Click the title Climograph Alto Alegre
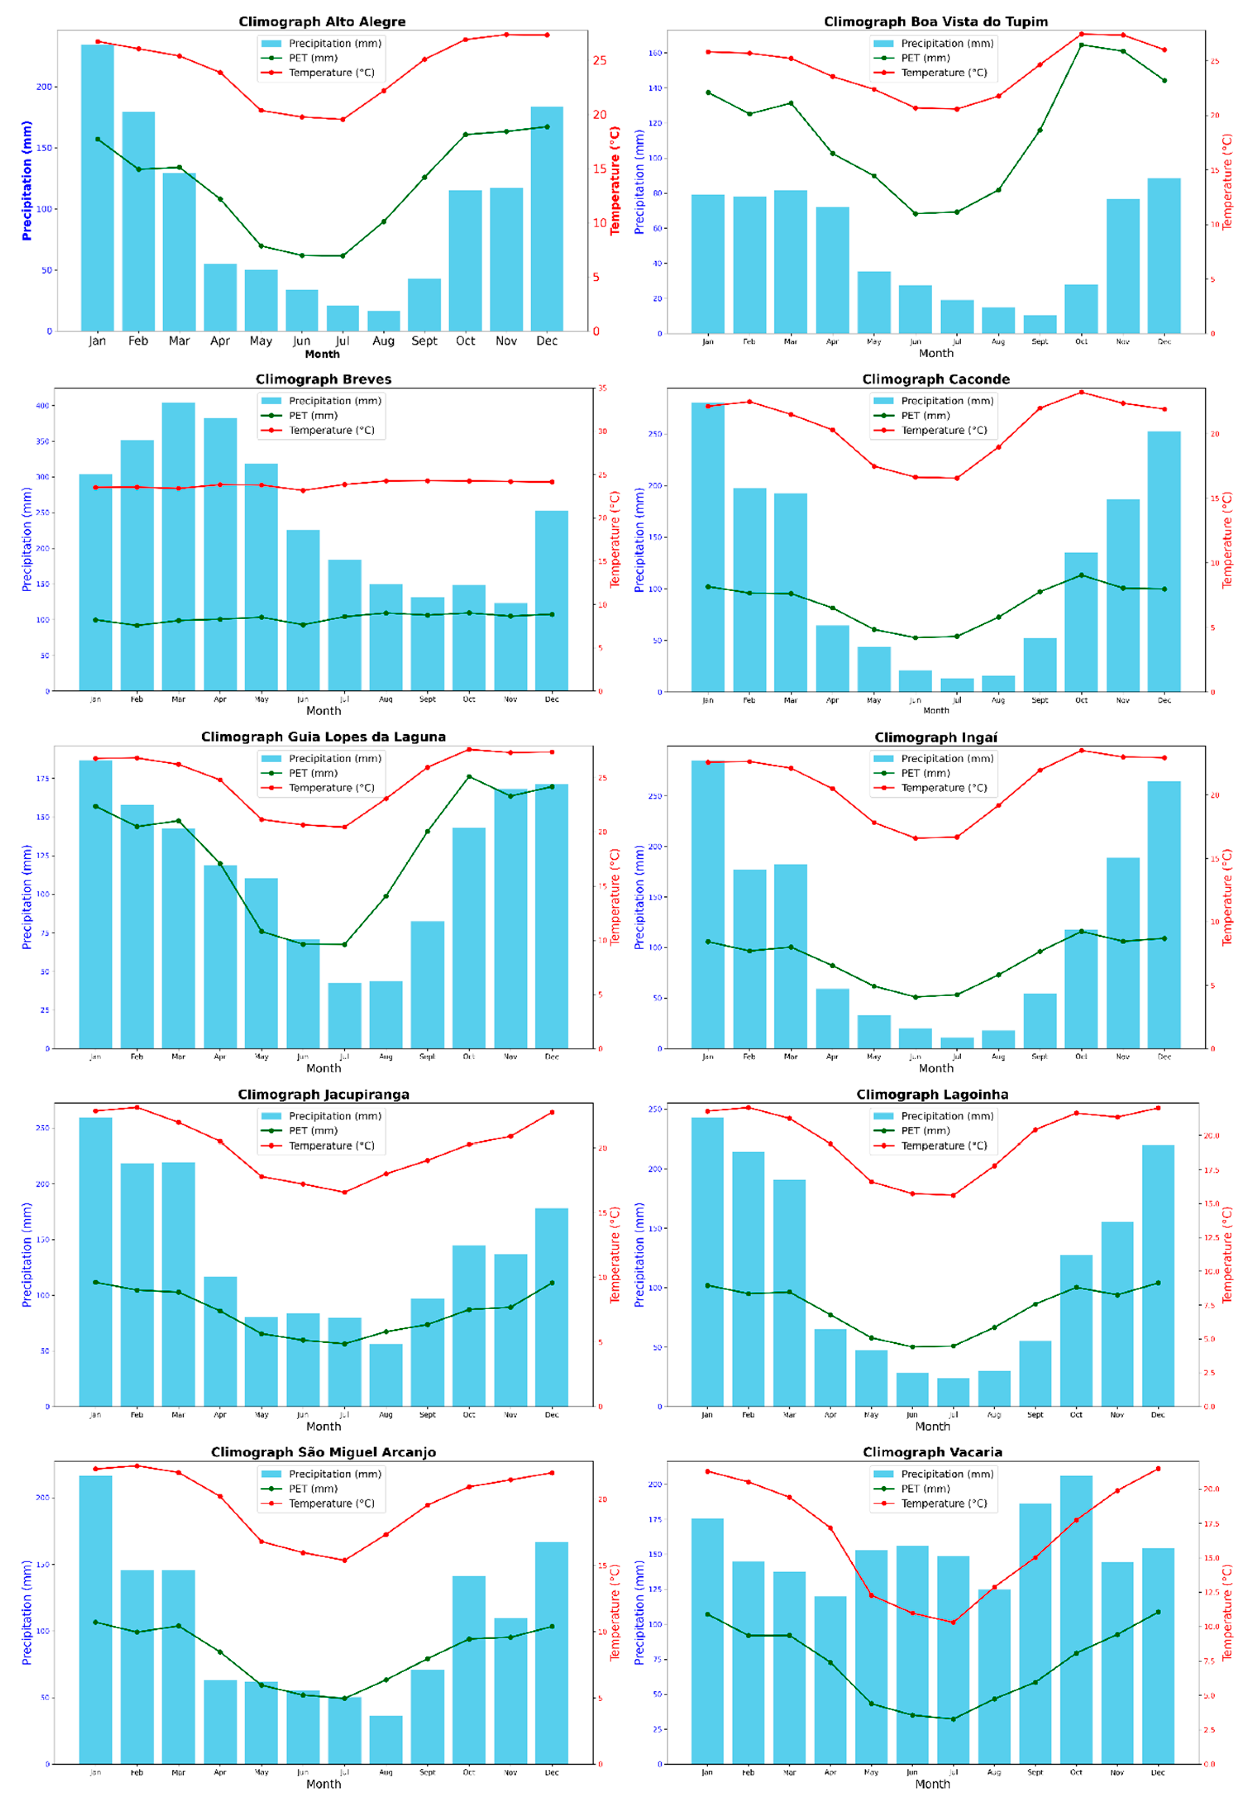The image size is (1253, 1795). (x=322, y=22)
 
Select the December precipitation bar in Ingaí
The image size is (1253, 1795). (x=1164, y=915)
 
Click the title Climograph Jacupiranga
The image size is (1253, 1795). (x=324, y=1095)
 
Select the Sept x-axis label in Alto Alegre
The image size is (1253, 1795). (x=425, y=341)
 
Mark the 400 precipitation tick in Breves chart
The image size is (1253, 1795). (x=42, y=406)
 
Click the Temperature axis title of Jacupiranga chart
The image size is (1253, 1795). (x=615, y=1255)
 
